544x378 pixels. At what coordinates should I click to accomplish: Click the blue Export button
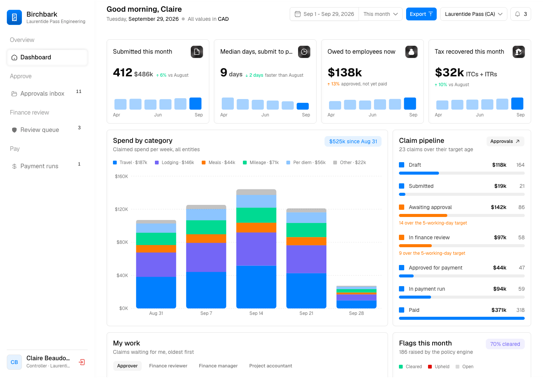coord(421,14)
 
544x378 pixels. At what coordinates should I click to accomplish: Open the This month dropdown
coord(380,14)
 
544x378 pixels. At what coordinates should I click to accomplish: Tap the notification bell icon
coord(518,14)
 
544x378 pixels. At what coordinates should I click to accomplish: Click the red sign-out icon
coord(82,362)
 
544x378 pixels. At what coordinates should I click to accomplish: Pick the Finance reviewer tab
coord(168,366)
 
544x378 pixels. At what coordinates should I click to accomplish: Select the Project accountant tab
coord(270,366)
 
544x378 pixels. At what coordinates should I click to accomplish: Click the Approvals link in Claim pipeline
coord(505,141)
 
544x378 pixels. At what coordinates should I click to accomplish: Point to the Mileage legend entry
coord(261,163)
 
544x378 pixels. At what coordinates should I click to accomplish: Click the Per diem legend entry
coord(306,163)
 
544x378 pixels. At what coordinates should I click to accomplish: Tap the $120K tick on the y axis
coord(121,209)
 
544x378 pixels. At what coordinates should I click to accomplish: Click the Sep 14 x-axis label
coord(256,313)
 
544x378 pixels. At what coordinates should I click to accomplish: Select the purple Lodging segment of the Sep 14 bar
coord(256,249)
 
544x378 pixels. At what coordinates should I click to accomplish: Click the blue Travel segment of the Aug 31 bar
coord(156,293)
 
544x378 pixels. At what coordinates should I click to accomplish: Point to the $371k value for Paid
coord(499,310)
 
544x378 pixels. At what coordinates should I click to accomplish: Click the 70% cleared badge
coord(505,344)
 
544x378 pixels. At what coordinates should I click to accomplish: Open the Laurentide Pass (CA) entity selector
coord(473,14)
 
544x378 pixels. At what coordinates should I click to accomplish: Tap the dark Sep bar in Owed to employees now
coord(410,104)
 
